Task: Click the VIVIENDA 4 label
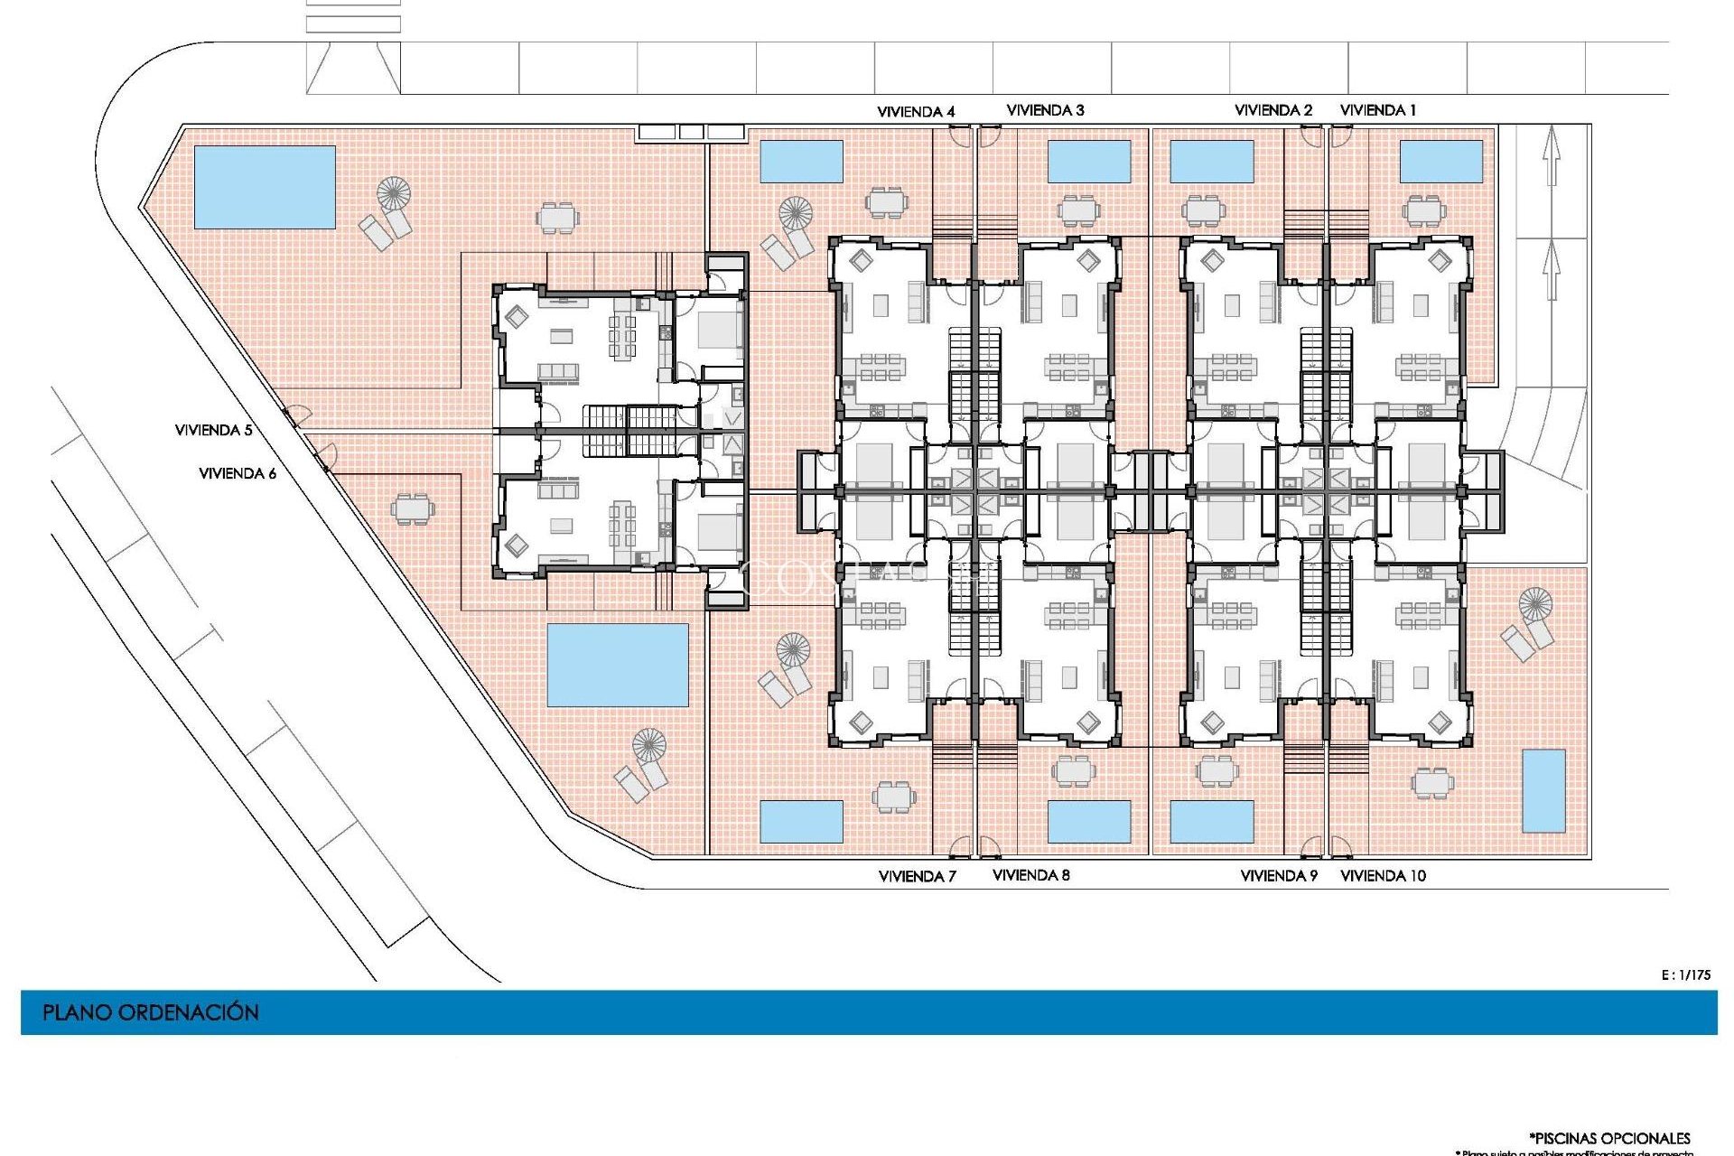915,112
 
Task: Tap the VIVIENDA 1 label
1377,110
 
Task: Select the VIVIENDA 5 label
213,431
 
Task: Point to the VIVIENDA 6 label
238,473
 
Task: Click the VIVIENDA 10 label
1383,876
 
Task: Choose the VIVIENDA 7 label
917,876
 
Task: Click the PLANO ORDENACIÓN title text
151,1012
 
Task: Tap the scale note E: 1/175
1685,974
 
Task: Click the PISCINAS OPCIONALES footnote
1609,1138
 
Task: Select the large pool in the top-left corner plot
265,187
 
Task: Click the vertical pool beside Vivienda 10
1543,791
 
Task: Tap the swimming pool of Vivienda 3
1088,161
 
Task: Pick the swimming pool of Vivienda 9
1211,821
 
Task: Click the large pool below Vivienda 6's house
618,665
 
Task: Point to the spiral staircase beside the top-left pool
393,193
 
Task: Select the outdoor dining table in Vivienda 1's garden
1423,210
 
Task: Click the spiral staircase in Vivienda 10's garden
1534,603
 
